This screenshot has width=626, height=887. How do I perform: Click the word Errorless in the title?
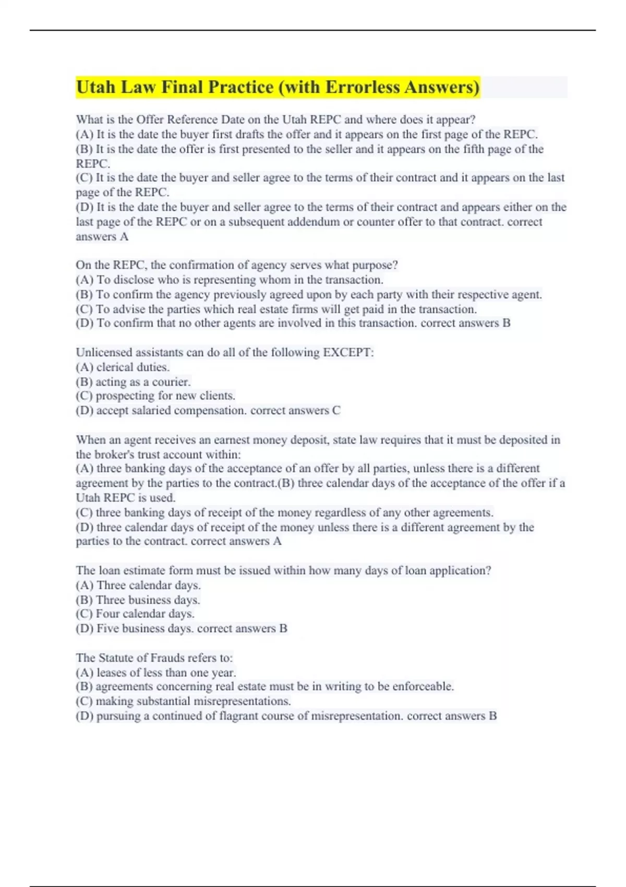pos(364,87)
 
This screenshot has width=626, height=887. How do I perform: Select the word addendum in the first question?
pos(296,222)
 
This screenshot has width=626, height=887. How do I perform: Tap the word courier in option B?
pos(171,382)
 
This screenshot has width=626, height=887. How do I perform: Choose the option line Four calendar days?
pos(135,614)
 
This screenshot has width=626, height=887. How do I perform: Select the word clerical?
pos(115,367)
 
